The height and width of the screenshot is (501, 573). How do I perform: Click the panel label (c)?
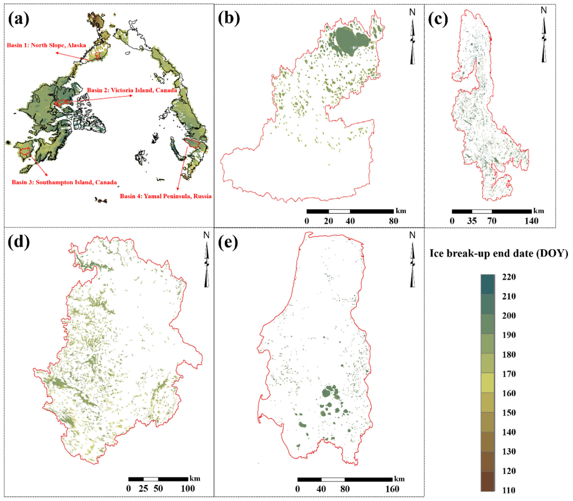pyautogui.click(x=438, y=20)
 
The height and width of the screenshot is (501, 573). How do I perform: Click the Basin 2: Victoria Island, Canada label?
pyautogui.click(x=132, y=90)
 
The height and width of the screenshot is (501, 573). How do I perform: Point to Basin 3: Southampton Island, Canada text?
pyautogui.click(x=64, y=182)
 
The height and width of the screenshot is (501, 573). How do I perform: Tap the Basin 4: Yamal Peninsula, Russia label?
pyautogui.click(x=166, y=196)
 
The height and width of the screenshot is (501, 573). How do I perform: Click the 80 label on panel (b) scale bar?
pyautogui.click(x=394, y=221)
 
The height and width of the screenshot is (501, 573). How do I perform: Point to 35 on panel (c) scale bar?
pyautogui.click(x=472, y=221)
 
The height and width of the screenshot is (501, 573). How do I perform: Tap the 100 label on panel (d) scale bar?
pyautogui.click(x=188, y=488)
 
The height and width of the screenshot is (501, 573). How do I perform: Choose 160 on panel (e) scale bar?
pyautogui.click(x=392, y=489)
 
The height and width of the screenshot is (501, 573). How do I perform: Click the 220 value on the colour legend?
pyautogui.click(x=509, y=277)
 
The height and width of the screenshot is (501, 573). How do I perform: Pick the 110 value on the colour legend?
pyautogui.click(x=509, y=490)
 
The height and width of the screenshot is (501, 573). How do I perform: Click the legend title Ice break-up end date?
pyautogui.click(x=498, y=253)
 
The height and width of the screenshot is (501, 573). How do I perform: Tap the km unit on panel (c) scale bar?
pyautogui.click(x=538, y=211)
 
